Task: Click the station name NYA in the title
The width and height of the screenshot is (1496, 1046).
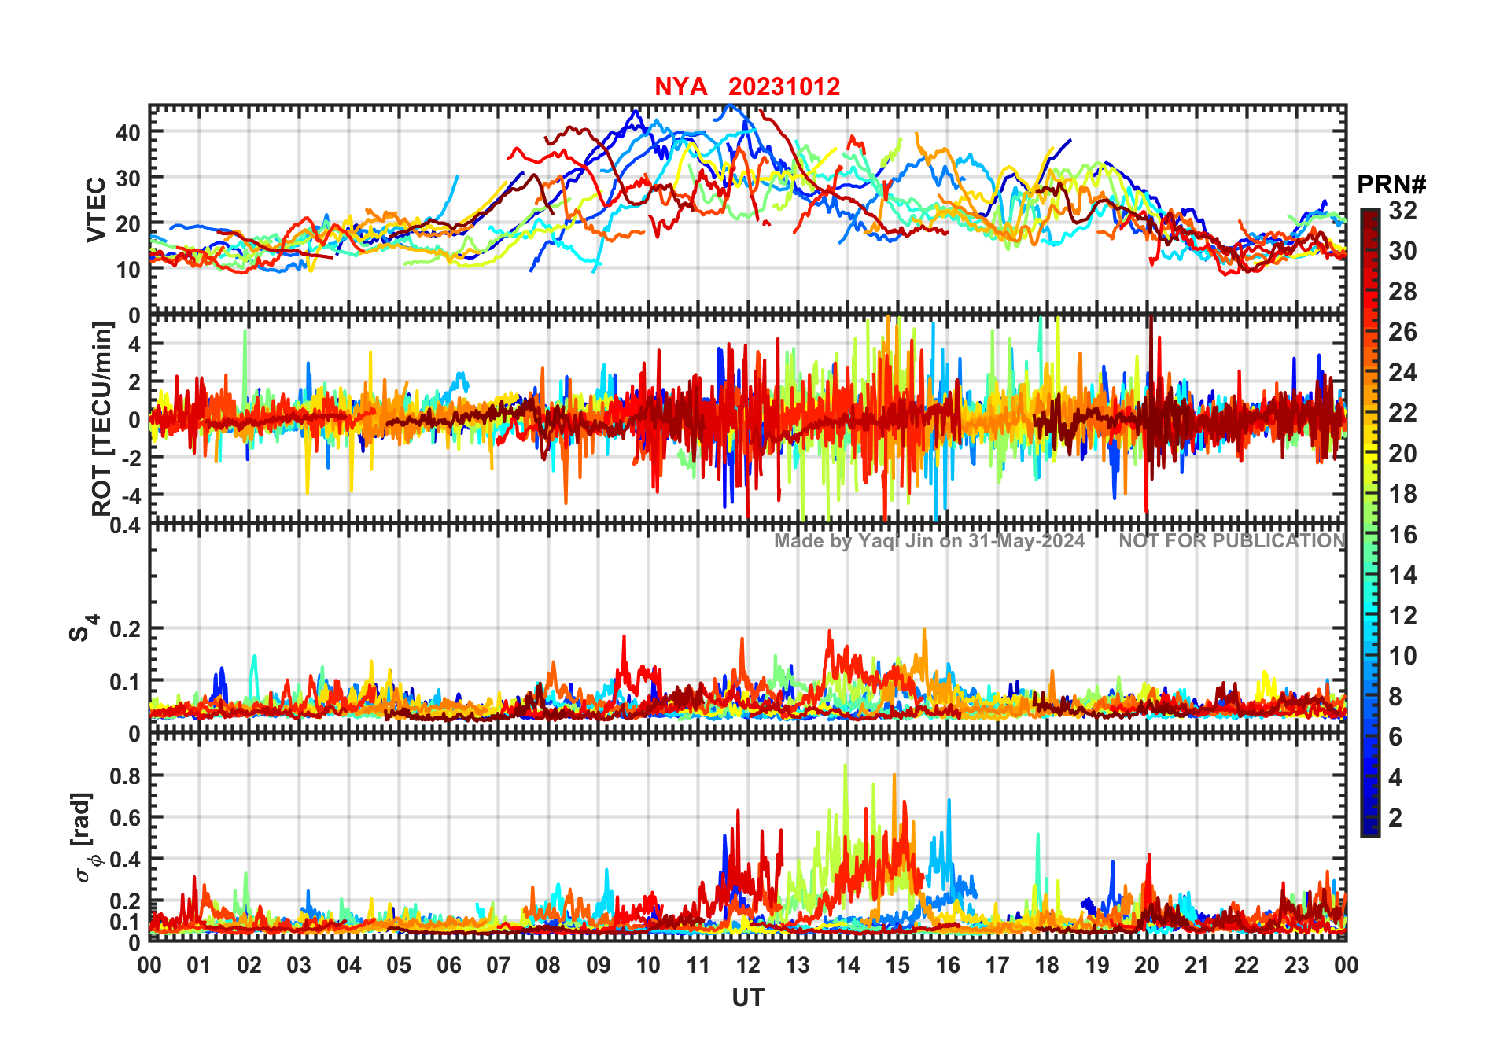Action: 680,87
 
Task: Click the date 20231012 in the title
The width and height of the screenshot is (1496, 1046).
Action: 784,87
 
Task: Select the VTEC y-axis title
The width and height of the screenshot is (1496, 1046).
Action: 96,209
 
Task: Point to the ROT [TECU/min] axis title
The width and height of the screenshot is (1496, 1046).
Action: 102,418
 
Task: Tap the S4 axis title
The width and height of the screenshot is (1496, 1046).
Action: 82,628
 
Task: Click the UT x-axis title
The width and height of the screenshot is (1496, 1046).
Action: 747,998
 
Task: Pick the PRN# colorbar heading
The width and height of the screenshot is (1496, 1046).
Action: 1391,185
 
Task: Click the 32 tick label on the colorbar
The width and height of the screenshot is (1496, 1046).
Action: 1402,211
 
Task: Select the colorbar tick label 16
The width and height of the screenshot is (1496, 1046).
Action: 1402,535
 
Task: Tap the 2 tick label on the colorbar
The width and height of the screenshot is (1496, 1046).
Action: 1395,818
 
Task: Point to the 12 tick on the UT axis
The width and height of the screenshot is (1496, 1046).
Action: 748,966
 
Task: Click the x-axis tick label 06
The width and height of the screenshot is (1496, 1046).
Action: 448,966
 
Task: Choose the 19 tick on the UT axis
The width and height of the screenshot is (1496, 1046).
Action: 1096,966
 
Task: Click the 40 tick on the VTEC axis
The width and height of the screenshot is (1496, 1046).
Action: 127,133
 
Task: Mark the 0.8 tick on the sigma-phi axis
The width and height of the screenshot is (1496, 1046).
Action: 124,775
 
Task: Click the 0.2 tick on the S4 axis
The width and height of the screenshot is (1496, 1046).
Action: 124,629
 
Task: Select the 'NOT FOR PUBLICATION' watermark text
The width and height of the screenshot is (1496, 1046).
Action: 1232,541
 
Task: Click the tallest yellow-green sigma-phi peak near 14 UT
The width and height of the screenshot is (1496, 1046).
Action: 846,765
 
